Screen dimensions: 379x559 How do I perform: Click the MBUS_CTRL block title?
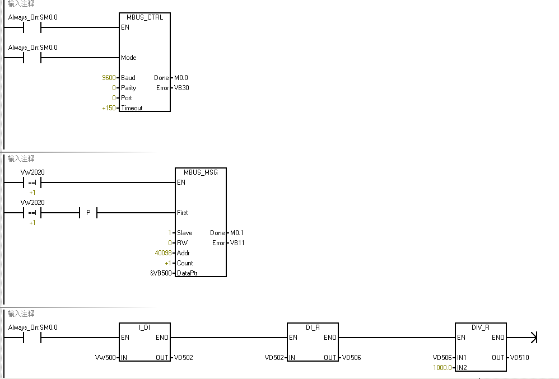tap(145, 17)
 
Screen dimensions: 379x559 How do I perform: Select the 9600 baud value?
tap(109, 78)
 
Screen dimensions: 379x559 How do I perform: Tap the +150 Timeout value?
tap(109, 108)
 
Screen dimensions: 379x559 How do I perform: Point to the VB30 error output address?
tap(181, 88)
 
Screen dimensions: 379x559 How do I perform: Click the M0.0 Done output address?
tap(181, 78)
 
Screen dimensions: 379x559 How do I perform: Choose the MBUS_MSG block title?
tap(201, 172)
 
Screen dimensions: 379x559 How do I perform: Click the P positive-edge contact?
tap(88, 213)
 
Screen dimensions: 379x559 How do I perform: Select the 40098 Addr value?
tap(164, 253)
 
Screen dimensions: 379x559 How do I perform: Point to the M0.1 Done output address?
tap(237, 233)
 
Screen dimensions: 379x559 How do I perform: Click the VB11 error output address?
tap(237, 243)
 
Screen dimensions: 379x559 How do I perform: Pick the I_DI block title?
tap(145, 327)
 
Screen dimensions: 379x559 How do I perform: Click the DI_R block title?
tap(313, 327)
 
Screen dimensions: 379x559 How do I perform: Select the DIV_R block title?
tap(481, 327)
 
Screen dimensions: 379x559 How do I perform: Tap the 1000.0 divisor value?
tap(442, 368)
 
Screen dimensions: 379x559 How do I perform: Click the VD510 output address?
tap(519, 358)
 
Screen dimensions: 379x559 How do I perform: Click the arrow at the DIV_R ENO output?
tap(533, 338)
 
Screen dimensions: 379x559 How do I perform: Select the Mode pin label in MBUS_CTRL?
tap(129, 58)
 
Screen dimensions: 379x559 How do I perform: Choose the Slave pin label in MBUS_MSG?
tap(184, 233)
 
